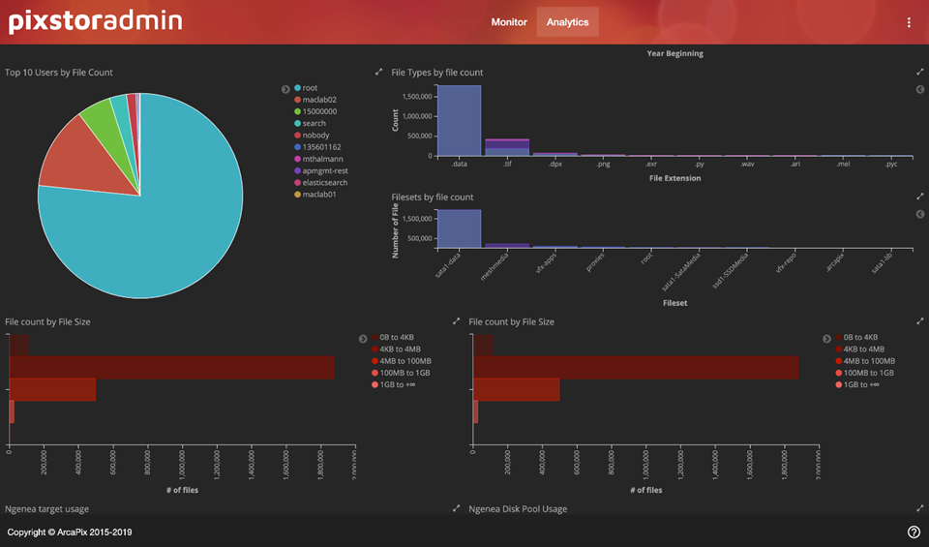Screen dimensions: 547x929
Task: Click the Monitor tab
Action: (509, 22)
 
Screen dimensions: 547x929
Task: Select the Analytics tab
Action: (567, 22)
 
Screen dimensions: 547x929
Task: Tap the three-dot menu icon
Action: (909, 22)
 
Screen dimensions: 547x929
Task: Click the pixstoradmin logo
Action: (96, 21)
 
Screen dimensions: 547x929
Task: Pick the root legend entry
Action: (310, 88)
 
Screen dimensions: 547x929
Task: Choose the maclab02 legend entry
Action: (318, 100)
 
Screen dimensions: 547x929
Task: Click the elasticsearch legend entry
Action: (324, 183)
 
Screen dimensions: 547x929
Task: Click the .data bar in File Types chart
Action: (460, 121)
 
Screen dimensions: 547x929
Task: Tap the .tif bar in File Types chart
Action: (507, 147)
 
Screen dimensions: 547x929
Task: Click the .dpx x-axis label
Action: (554, 165)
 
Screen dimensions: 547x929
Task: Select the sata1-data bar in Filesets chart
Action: (460, 228)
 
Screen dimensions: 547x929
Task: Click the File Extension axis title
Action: (674, 178)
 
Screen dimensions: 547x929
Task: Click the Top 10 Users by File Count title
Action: (59, 73)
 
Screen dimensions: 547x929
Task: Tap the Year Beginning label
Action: (674, 53)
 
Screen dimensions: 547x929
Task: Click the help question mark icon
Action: (914, 532)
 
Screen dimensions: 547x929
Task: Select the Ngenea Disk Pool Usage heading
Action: (518, 508)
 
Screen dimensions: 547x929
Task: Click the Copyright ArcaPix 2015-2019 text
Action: (70, 532)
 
